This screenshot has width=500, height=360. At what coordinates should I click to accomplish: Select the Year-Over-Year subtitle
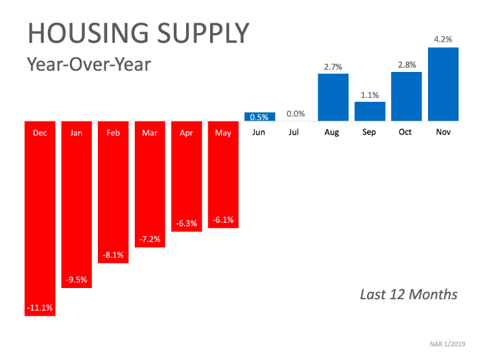point(88,65)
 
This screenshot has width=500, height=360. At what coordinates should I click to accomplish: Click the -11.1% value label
point(40,307)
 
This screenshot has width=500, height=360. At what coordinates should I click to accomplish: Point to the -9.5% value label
point(77,280)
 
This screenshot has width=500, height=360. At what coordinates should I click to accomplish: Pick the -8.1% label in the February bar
point(113,255)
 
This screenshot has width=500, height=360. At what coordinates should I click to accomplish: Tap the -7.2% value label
point(150,240)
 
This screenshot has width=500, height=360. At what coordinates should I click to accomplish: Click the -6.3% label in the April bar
point(187,224)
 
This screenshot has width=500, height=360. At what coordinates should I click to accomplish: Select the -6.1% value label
point(223,221)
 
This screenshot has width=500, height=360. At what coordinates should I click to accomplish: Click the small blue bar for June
point(259,117)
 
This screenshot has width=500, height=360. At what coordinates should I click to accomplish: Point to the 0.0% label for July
point(296,114)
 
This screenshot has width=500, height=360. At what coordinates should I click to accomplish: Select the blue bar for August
point(333,97)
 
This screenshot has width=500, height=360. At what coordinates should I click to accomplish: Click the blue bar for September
point(370,111)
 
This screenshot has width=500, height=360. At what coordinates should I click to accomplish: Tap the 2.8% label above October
point(407,64)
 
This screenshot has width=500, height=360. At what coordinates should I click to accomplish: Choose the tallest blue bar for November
point(444,84)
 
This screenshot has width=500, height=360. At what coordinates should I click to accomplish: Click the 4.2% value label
point(444,40)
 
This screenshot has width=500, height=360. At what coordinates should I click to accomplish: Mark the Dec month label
point(40,133)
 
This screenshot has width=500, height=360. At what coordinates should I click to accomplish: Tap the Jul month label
point(296,133)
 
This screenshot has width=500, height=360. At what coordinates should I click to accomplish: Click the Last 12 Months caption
point(409,294)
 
